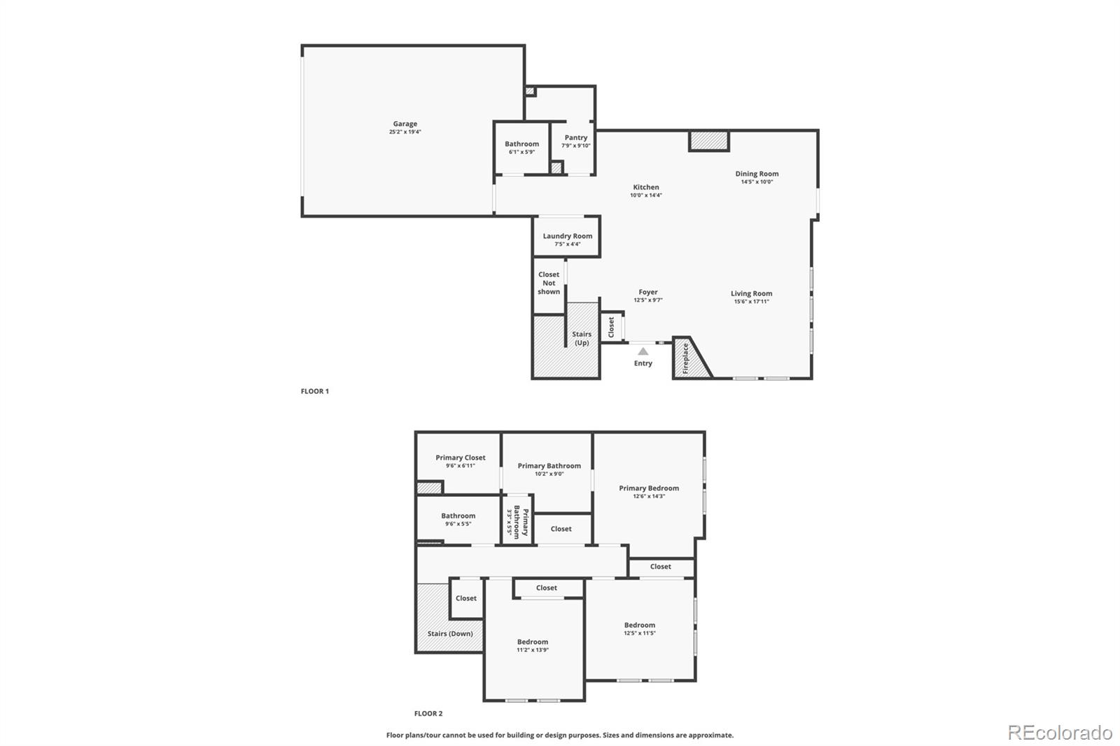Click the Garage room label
(x=405, y=124)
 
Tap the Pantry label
(x=575, y=138)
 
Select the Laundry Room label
(x=567, y=237)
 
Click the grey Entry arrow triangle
(x=643, y=351)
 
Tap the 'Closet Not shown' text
(x=549, y=283)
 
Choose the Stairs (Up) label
(x=582, y=338)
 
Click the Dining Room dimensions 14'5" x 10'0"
(x=757, y=182)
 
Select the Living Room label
(x=751, y=294)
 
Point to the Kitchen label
(x=645, y=187)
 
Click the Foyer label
(x=647, y=292)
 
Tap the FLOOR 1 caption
(x=314, y=391)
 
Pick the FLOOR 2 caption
(x=428, y=714)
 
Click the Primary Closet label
(x=460, y=458)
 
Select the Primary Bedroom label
(x=648, y=488)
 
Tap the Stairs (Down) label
(x=450, y=633)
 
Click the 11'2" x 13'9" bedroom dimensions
(x=532, y=650)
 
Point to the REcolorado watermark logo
(x=1059, y=733)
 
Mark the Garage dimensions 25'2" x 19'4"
(x=405, y=132)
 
